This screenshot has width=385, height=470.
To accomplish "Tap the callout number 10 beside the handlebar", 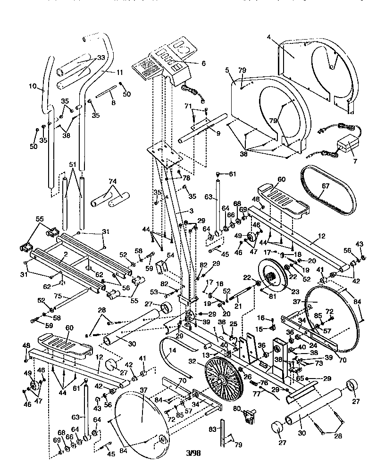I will coord(33,86).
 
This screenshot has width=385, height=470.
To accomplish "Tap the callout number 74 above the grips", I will coord(112,181).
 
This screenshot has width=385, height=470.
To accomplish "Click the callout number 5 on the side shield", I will coord(227,71).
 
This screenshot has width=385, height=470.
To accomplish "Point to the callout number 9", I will coord(218,133).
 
